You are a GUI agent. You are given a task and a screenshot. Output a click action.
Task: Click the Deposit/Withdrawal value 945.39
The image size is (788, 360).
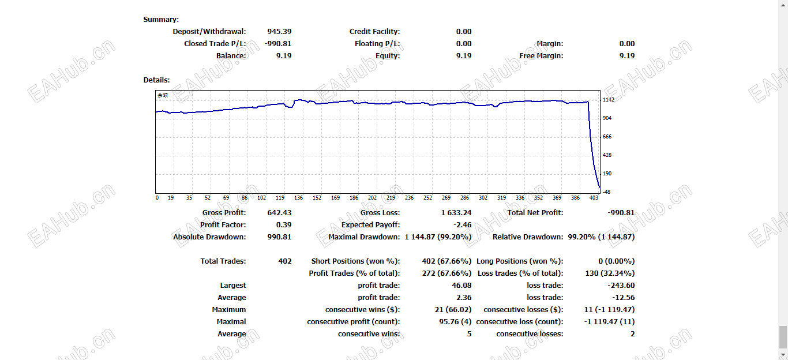pos(279,32)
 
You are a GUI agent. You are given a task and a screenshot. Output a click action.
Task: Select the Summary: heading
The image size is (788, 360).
pos(161,20)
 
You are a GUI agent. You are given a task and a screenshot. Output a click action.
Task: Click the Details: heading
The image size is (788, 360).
pos(157,80)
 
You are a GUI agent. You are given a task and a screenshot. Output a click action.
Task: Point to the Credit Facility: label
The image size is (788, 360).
pos(374,32)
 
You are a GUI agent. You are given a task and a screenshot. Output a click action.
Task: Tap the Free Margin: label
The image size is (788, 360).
pos(541,56)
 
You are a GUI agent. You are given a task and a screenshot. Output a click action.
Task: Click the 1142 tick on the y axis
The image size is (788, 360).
pos(609,100)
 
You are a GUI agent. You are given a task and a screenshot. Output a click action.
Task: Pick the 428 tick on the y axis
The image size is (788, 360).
pos(607,155)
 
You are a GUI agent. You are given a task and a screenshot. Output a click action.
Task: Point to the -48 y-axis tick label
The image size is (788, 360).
pos(607,192)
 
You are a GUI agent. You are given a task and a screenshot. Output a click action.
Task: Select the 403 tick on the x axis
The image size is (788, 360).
pos(594,198)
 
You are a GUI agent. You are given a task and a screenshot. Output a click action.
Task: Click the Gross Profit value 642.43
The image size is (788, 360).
pos(279,213)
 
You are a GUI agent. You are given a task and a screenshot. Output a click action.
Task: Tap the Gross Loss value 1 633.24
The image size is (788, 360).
pos(456,213)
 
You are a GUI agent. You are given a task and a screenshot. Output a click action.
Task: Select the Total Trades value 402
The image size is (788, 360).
pos(285,261)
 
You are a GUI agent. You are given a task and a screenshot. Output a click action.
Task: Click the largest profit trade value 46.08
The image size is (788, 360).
pos(461,286)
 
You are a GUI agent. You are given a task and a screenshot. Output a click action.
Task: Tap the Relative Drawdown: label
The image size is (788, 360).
pos(527,237)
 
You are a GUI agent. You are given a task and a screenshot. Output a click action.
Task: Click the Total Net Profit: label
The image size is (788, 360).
pos(535,213)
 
